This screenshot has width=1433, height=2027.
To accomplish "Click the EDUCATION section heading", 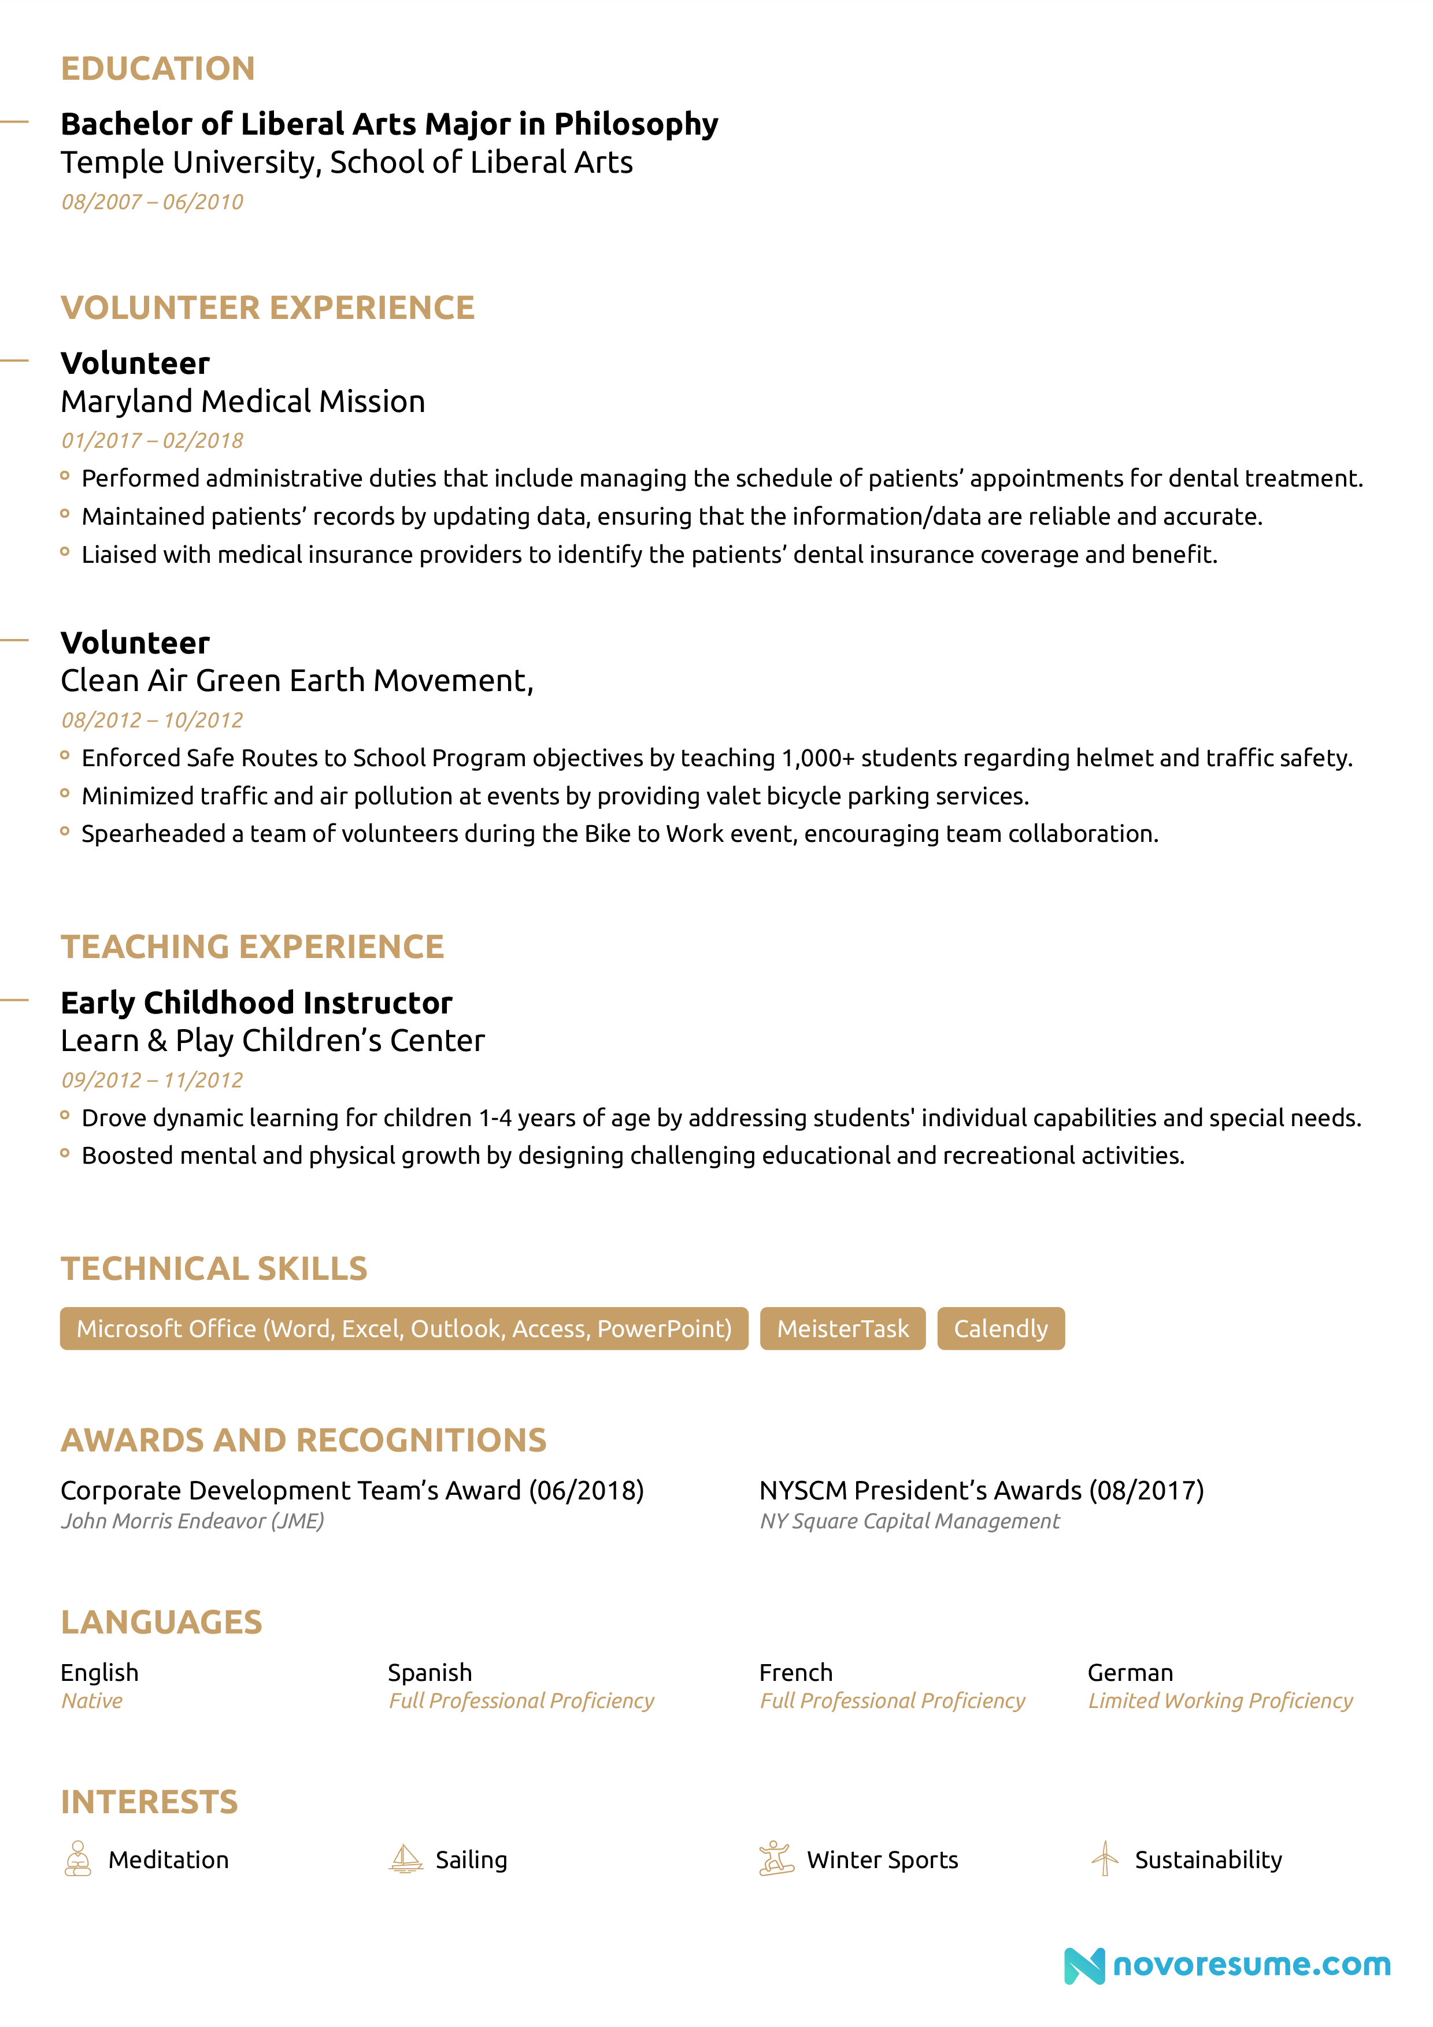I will pos(157,69).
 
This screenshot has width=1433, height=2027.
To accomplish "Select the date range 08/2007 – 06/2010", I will pos(152,202).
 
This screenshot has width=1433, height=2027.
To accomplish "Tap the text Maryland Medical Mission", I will pos(243,402).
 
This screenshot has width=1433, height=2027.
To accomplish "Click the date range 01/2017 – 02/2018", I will pos(152,440).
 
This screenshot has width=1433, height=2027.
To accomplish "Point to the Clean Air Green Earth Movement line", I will pos(297,681).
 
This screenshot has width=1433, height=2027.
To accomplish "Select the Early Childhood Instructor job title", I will pos(256,1003).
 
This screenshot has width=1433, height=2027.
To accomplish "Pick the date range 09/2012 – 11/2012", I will pos(152,1080).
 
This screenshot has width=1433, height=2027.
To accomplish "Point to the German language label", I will pos(1130,1672).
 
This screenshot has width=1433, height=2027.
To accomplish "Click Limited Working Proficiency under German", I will pos(1219,1701).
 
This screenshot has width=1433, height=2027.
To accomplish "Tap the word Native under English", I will pos(92,1701).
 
